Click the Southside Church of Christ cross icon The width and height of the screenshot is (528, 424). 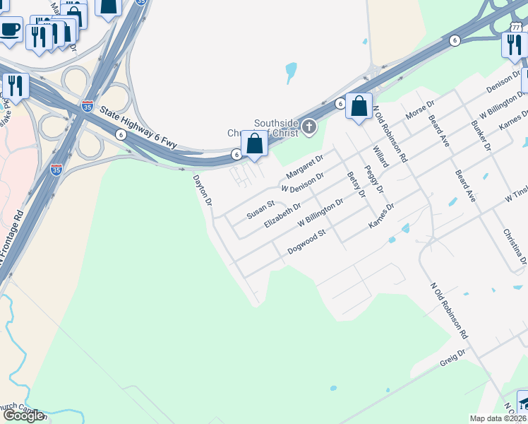coord(308,127)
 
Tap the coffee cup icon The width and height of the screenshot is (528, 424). coord(10,29)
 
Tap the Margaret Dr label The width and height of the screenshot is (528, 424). coord(304,167)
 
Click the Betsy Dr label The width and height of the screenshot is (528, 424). coord(356,184)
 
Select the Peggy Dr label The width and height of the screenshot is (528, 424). coord(374,179)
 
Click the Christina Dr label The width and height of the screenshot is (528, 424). coord(515,246)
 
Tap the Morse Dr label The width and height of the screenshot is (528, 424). coord(418,110)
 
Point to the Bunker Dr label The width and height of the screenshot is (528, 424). coord(482,135)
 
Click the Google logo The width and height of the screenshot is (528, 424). coord(23,416)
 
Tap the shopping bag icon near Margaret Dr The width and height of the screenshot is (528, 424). coord(254,143)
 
